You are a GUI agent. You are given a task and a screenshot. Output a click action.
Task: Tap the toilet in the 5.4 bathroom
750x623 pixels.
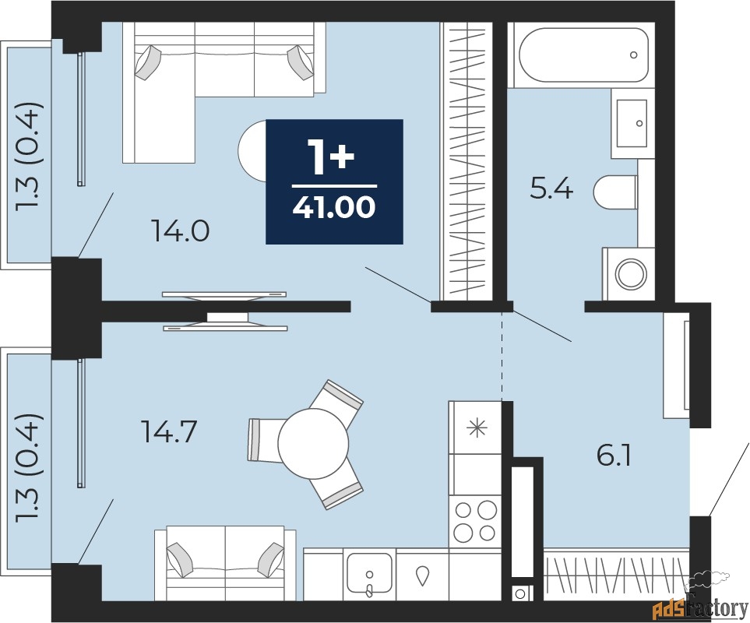click(x=615, y=192)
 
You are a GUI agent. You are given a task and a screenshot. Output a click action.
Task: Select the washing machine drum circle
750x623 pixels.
click(x=631, y=274)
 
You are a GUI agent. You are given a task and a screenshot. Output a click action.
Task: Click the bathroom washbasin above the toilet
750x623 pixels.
click(x=632, y=123)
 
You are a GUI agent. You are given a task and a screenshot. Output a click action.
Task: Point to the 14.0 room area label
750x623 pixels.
click(x=180, y=232)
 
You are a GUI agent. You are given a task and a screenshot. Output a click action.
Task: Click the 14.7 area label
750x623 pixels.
click(x=169, y=432)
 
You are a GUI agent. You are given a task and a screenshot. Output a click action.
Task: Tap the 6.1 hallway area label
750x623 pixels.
click(x=614, y=456)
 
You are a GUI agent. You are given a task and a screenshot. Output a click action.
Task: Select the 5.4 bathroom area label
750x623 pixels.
click(x=551, y=189)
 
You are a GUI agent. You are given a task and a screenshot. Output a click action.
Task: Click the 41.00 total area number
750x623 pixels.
click(x=334, y=208)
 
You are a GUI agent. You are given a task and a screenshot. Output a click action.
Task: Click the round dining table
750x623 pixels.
click(x=313, y=443)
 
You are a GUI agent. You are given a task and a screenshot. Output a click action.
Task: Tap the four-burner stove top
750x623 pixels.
click(x=475, y=521)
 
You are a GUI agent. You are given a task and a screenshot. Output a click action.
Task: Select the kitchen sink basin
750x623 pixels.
click(x=369, y=573)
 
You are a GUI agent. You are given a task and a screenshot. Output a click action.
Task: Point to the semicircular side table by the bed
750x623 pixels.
click(x=252, y=150)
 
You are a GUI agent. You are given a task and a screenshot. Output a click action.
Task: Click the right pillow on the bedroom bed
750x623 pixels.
click(x=299, y=62)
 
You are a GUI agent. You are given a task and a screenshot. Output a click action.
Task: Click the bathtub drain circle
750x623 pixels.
click(x=634, y=55)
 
